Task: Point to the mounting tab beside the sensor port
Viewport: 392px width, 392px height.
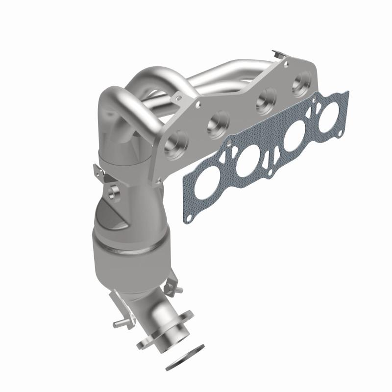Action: click(98, 171)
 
